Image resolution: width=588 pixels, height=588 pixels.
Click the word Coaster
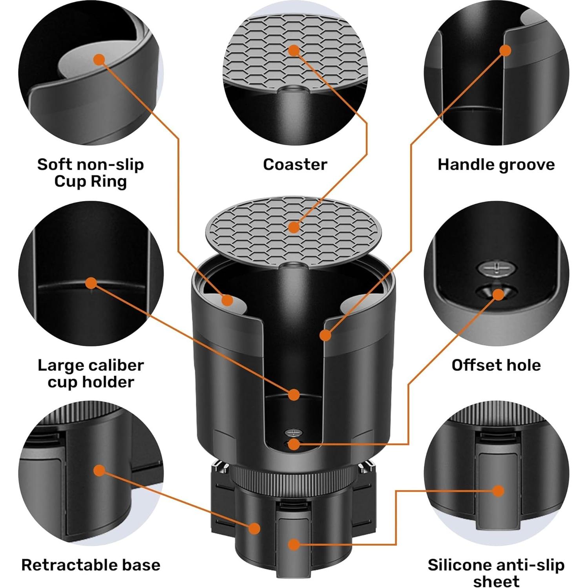(x=295, y=164)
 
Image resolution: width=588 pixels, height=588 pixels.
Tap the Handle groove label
(x=496, y=164)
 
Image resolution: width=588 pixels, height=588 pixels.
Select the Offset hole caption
(x=496, y=365)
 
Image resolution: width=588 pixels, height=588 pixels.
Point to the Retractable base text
(x=91, y=565)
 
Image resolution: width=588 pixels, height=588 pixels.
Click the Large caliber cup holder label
(x=91, y=373)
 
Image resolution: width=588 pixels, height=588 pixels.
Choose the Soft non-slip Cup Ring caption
(x=91, y=173)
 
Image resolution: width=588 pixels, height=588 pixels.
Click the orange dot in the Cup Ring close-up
(x=99, y=60)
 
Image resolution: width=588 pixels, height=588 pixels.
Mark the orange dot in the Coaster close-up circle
(x=294, y=50)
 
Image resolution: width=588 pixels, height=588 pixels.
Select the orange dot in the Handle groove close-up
(x=506, y=50)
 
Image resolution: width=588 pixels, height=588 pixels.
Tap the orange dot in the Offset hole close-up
(x=498, y=295)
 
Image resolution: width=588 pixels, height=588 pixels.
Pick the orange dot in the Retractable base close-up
(x=100, y=470)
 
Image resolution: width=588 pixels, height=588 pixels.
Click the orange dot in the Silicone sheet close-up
(x=498, y=491)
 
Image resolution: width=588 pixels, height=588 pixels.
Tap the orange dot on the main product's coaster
(x=294, y=227)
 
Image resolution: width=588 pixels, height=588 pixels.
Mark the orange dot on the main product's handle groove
(x=325, y=335)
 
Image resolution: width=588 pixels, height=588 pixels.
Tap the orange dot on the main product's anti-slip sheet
(x=294, y=544)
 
